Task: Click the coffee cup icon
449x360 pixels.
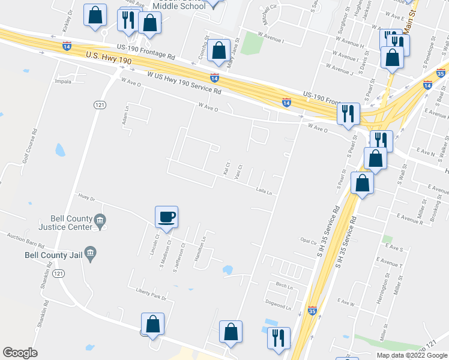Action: (166, 216)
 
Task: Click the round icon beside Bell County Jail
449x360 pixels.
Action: (90, 254)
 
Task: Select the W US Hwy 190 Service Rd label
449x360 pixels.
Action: (184, 83)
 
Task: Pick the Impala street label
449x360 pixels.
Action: (63, 80)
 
